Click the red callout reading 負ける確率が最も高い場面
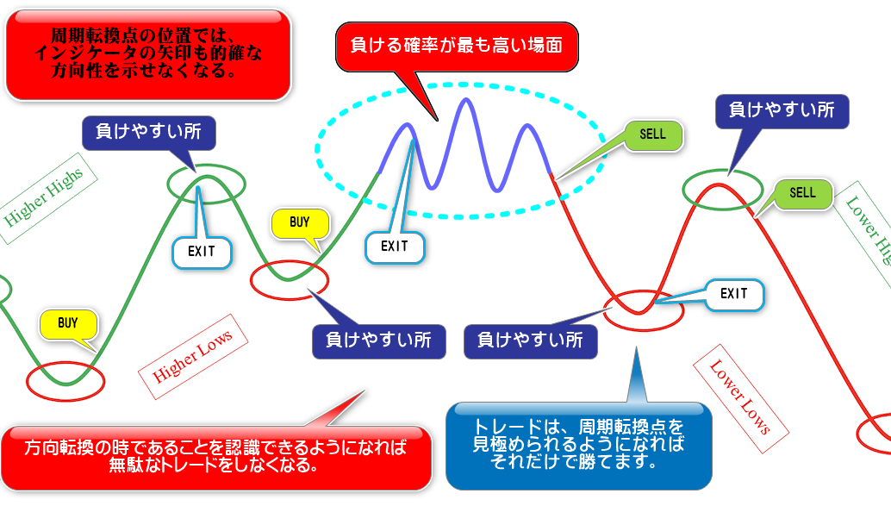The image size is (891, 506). pos(456,45)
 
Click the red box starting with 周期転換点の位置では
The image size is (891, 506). pos(148,53)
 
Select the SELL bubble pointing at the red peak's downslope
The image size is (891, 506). pos(802,194)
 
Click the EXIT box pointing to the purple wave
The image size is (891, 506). pos(395,246)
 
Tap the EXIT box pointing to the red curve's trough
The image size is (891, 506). pos(734,294)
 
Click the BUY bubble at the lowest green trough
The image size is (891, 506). pos(68,324)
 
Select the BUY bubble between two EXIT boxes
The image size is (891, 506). pos(299,223)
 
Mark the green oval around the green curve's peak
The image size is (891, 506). pos(207,181)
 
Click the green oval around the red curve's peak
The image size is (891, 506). pos(723,190)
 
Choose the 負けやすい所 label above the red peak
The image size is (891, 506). pos(782,110)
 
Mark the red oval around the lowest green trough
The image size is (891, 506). pos(65,379)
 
